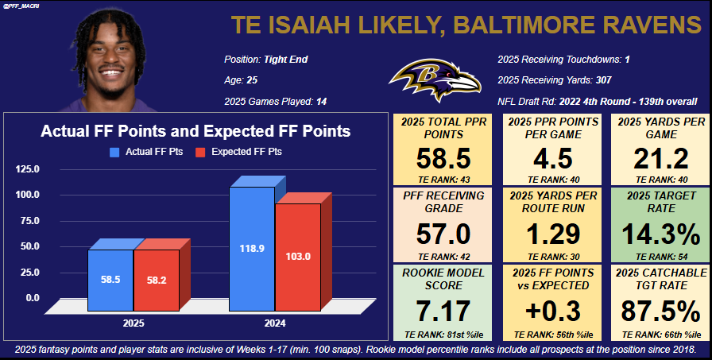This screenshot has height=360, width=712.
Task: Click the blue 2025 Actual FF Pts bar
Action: pos(110,280)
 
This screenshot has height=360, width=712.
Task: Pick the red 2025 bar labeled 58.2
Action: pos(157,280)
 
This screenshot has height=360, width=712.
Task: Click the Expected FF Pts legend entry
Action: pos(246,151)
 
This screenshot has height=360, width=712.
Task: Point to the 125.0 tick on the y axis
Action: pos(28,168)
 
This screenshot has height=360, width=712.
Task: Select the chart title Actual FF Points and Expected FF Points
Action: pos(195,131)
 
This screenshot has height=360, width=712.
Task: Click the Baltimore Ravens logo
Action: pos(434,80)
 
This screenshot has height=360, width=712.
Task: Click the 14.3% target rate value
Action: pos(660,233)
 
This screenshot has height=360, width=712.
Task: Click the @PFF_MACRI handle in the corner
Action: pos(22,7)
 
